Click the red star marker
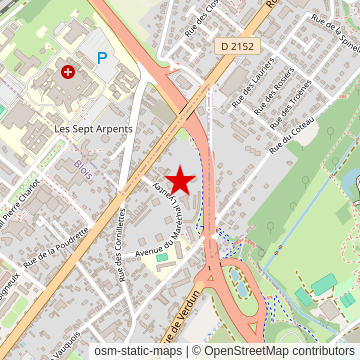[180, 180]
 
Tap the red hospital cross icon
[67, 72]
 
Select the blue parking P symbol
[101, 58]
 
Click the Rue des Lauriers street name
[247, 89]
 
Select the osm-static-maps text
[139, 351]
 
